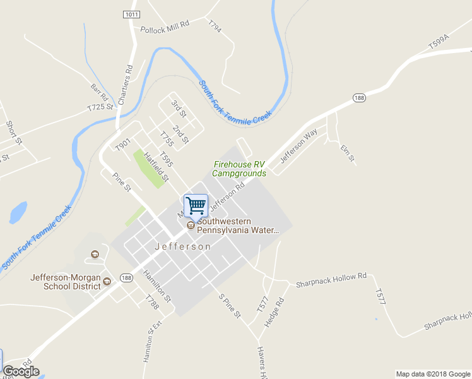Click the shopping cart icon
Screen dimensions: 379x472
click(x=196, y=205)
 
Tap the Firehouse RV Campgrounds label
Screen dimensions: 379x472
click(x=239, y=169)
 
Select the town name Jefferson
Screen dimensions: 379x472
click(x=182, y=246)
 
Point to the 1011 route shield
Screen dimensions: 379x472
click(x=131, y=13)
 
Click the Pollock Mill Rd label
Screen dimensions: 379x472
click(x=165, y=29)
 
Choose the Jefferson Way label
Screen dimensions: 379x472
click(x=298, y=147)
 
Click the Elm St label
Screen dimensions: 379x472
click(x=348, y=152)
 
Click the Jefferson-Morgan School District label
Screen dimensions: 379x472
click(x=65, y=281)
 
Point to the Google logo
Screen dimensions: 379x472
click(x=21, y=371)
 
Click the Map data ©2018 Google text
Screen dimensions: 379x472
click(x=432, y=373)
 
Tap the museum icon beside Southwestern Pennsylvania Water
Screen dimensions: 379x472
click(x=191, y=226)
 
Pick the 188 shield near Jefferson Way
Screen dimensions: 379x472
click(x=359, y=97)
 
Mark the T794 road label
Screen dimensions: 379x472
click(x=215, y=26)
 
